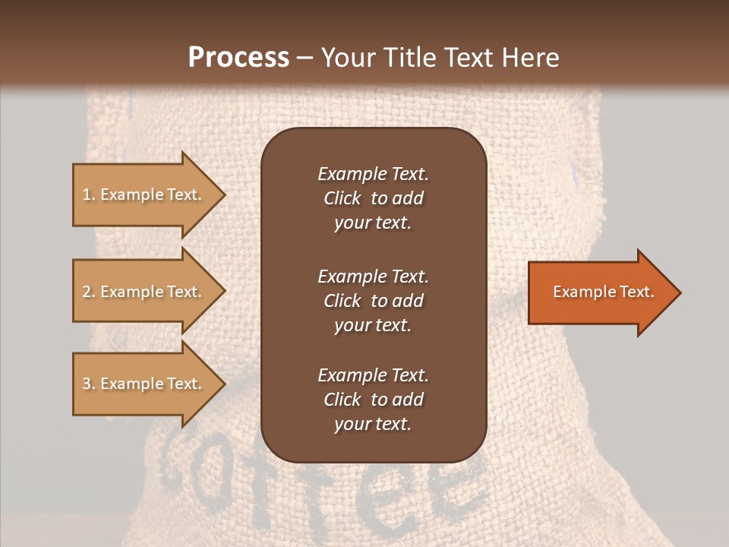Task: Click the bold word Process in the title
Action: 238,58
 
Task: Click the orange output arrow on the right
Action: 600,292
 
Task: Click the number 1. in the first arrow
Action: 88,194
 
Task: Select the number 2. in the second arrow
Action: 88,292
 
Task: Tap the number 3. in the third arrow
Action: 88,384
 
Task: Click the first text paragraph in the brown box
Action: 373,198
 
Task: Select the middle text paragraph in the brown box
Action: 373,301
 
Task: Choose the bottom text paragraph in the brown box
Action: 373,400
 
